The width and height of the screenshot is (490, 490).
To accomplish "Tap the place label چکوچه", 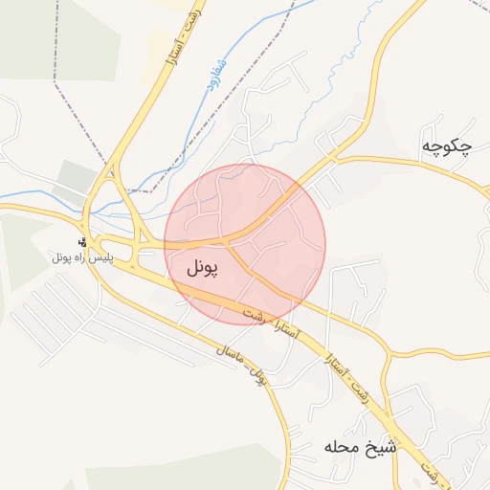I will (x=447, y=146).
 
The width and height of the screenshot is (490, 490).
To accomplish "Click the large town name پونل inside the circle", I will (x=198, y=268).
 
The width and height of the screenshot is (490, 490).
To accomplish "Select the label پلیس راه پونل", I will (x=82, y=257).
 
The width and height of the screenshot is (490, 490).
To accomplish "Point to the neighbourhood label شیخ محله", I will (x=360, y=447).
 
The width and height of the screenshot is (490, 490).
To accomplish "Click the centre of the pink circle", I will (x=245, y=244).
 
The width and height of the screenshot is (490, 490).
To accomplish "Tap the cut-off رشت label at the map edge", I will (x=433, y=472).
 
